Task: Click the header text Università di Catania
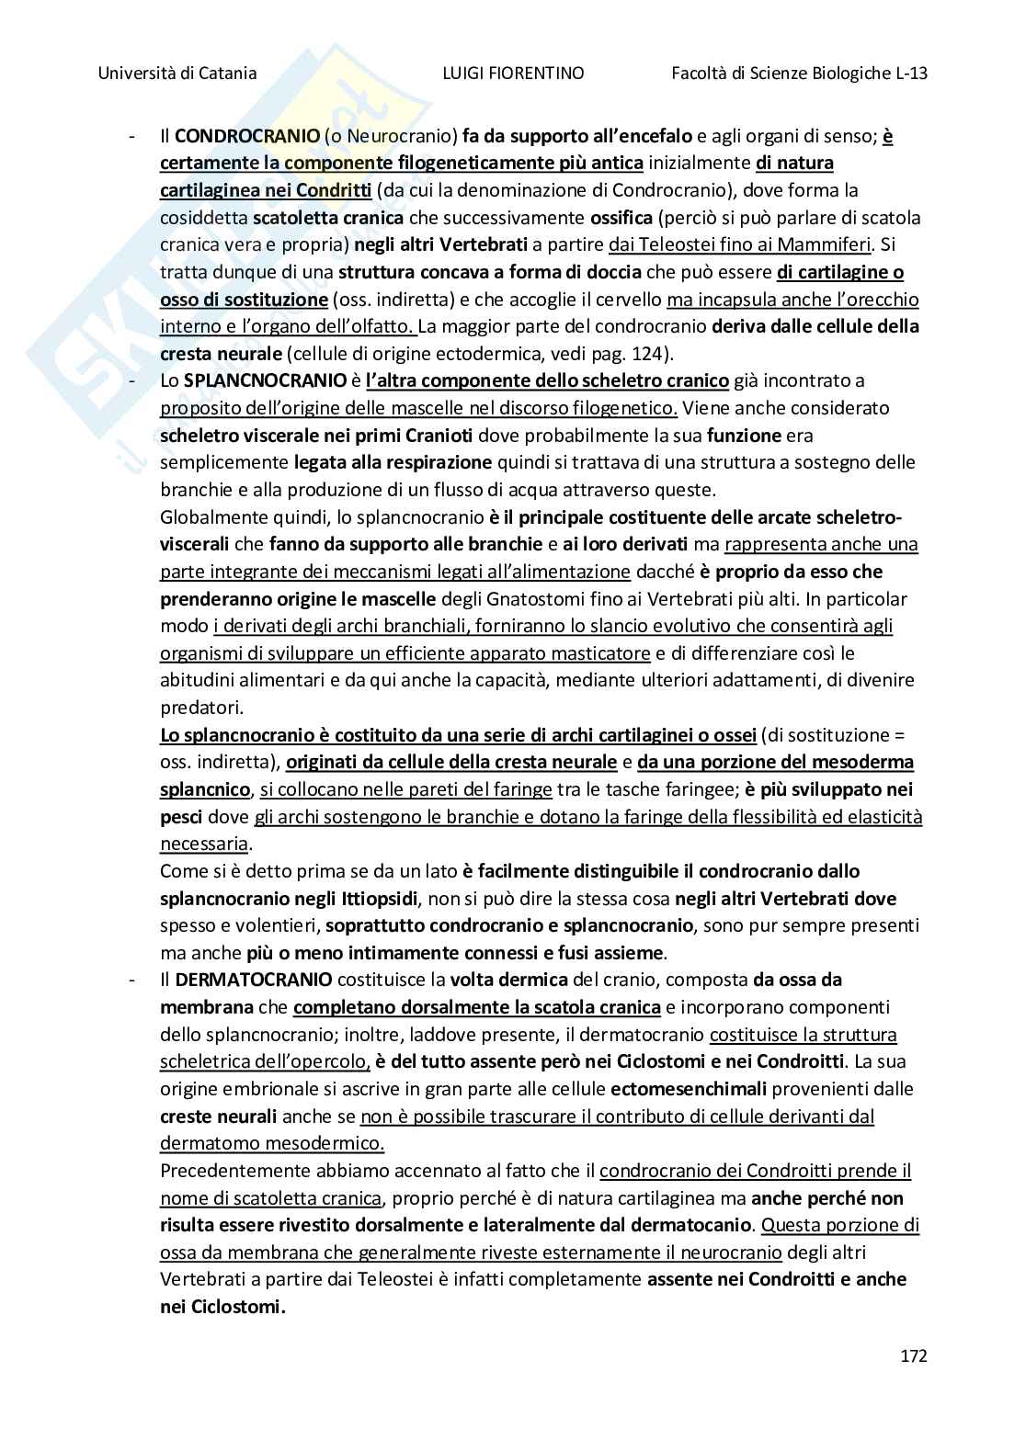(177, 74)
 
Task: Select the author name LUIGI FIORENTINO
(513, 74)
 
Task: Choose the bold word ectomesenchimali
(688, 1089)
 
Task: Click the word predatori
(201, 708)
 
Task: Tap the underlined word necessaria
(204, 844)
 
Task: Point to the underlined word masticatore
(604, 653)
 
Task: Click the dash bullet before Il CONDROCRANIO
(133, 137)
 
